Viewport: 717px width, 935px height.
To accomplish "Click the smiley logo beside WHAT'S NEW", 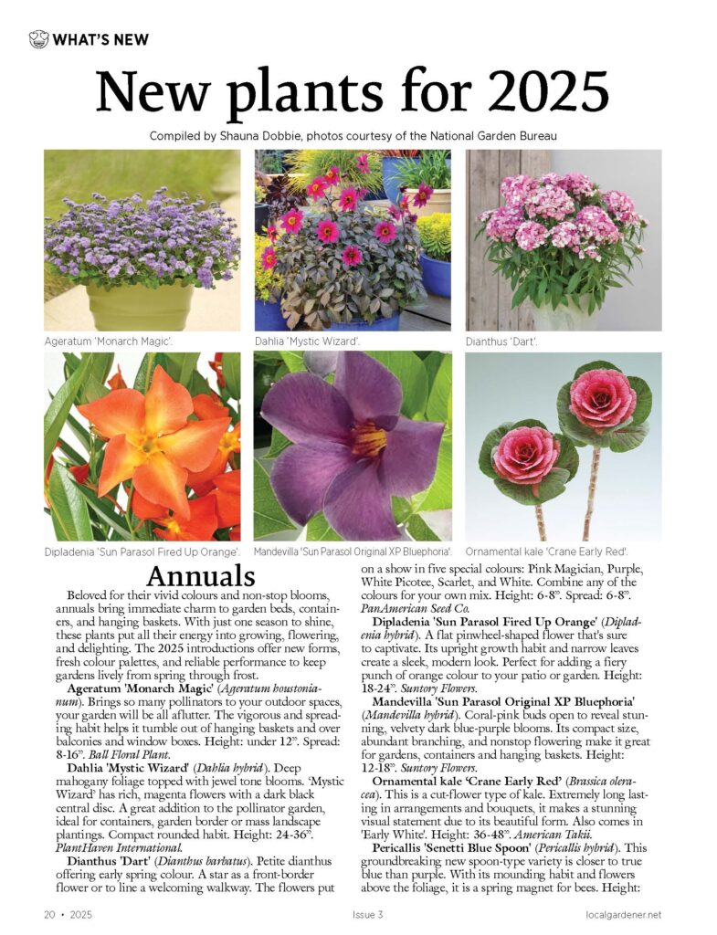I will (x=38, y=39).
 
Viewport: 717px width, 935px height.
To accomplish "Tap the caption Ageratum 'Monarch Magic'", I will (x=109, y=341).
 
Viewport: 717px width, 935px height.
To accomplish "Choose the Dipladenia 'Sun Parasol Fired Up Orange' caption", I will (x=142, y=552).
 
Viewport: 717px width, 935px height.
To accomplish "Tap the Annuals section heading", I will (x=200, y=577).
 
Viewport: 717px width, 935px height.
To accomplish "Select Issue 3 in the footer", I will (x=367, y=914).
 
